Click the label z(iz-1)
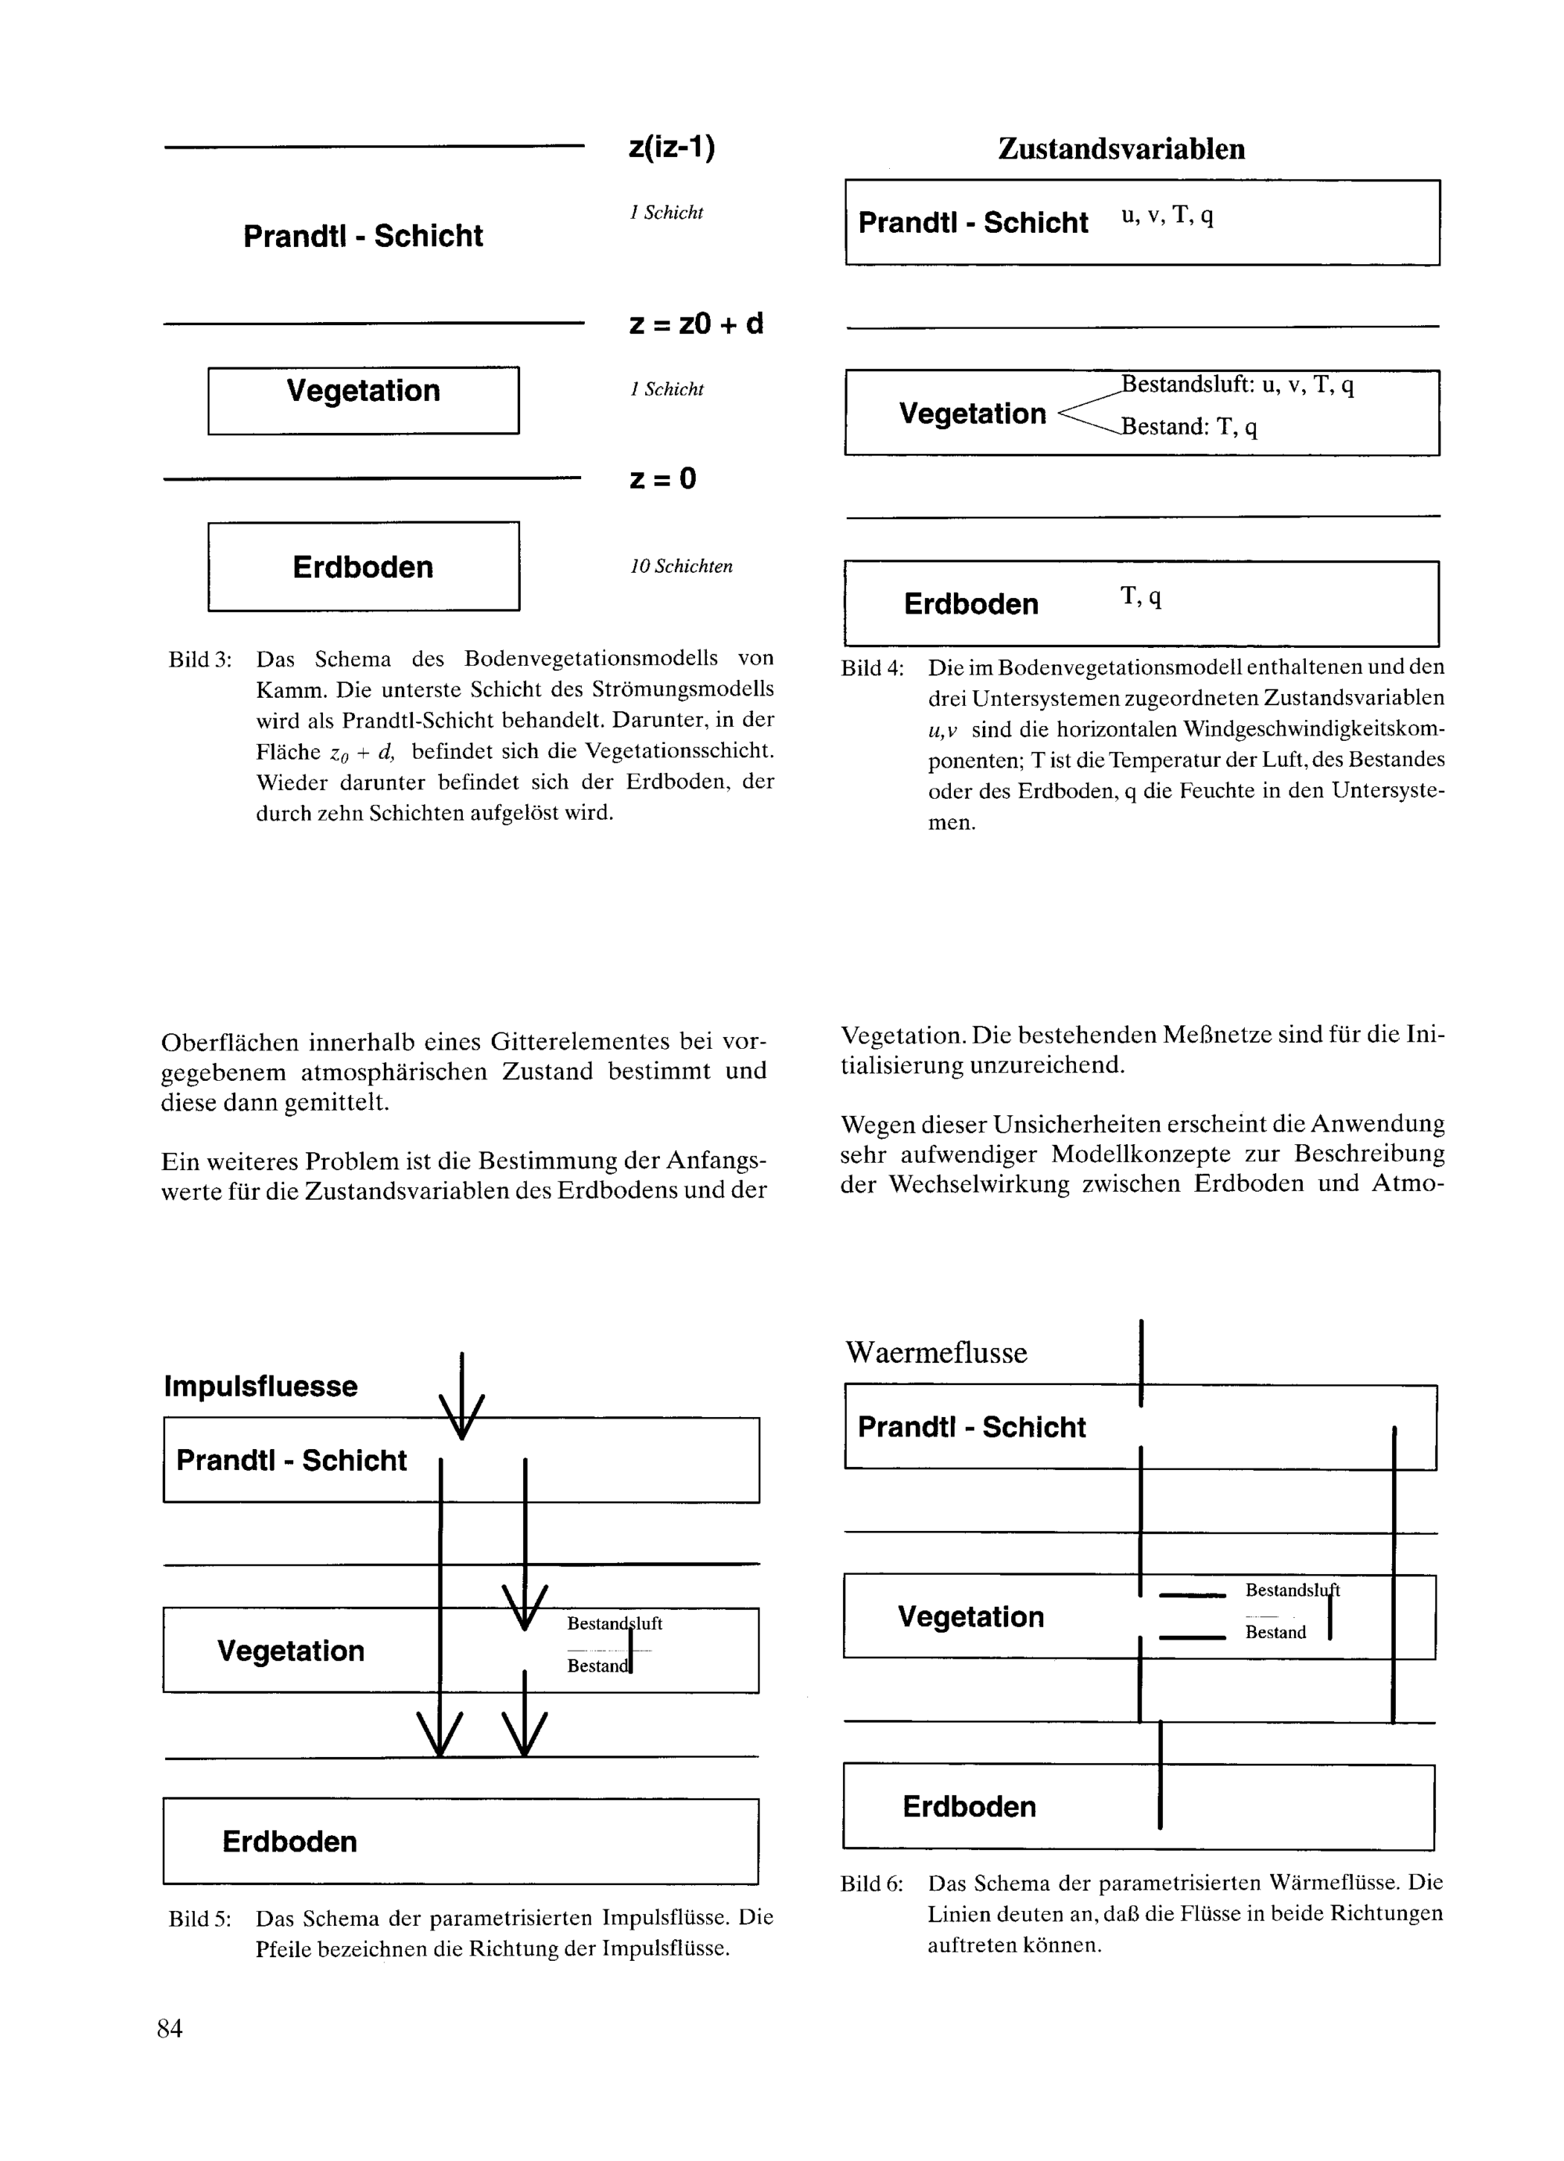tap(671, 148)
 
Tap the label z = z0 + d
tap(696, 324)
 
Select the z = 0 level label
tap(662, 478)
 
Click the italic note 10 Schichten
tap(680, 566)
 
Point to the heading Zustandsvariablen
tap(1121, 148)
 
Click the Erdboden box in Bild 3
tap(363, 567)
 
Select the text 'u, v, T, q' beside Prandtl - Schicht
tap(1167, 216)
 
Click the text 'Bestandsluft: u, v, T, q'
tap(1237, 385)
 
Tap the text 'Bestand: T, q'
tap(1189, 427)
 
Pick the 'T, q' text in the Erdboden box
tap(1141, 597)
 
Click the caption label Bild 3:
tap(200, 660)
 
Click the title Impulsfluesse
tap(260, 1386)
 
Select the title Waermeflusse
tap(936, 1353)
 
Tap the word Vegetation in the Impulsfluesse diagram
tap(291, 1651)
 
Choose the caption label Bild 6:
tap(872, 1884)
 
